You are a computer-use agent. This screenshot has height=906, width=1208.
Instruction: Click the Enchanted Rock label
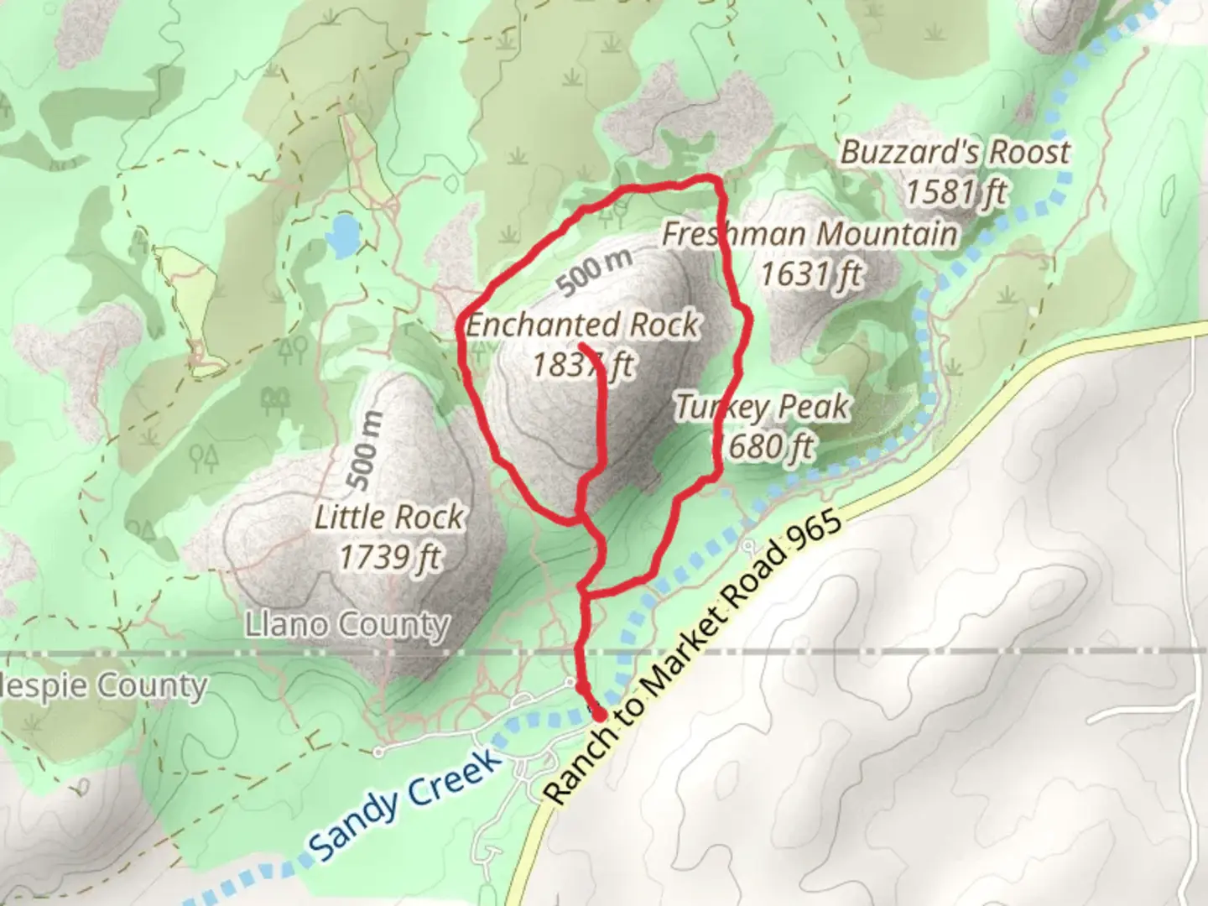point(582,325)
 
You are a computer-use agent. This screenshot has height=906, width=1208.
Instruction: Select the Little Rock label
point(388,517)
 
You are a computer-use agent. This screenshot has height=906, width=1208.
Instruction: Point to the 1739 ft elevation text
point(389,556)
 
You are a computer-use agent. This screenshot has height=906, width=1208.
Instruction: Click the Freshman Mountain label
point(809,234)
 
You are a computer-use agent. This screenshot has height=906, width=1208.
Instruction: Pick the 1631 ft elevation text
point(810,273)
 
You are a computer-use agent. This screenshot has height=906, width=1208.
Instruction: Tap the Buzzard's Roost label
point(955,153)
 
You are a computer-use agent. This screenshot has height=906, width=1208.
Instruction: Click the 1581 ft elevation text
point(955,192)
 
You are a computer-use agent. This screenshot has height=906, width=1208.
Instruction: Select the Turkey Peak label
point(762,408)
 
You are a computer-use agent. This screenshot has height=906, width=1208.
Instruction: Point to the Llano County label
point(347,624)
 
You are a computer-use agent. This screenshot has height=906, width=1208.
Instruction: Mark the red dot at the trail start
point(599,714)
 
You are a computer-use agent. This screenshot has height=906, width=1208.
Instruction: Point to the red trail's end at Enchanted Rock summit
point(581,345)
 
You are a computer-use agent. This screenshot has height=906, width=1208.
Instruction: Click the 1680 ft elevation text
point(763,446)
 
